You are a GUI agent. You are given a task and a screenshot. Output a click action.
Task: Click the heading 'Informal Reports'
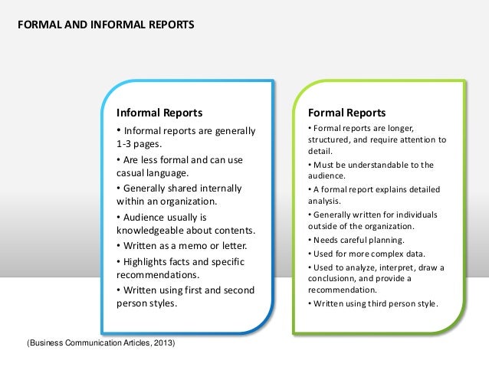point(159,113)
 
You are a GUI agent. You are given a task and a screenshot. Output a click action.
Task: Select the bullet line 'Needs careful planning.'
point(356,240)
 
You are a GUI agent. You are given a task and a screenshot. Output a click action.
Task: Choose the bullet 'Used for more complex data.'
point(364,253)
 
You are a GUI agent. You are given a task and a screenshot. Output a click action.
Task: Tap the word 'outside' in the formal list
point(323,227)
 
